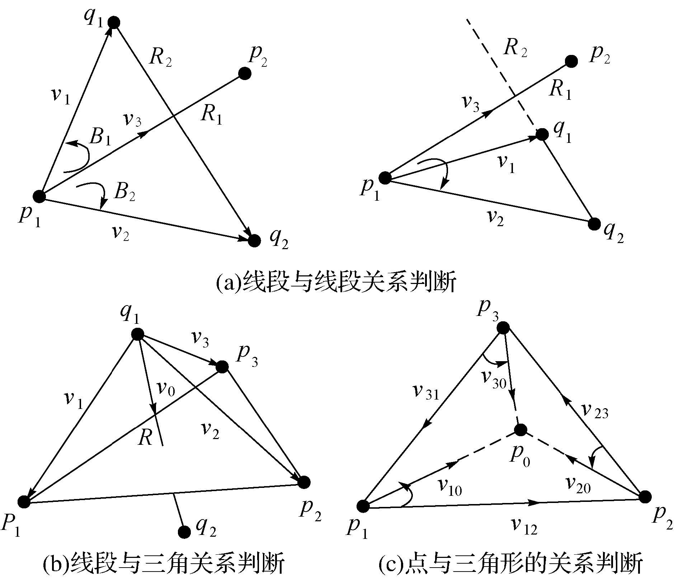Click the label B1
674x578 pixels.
coord(100,137)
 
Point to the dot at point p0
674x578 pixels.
coord(520,429)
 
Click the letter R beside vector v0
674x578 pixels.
coord(146,438)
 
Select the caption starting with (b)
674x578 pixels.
coord(163,563)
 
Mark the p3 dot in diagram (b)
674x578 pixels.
coord(222,367)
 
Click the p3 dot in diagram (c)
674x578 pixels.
coord(503,327)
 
